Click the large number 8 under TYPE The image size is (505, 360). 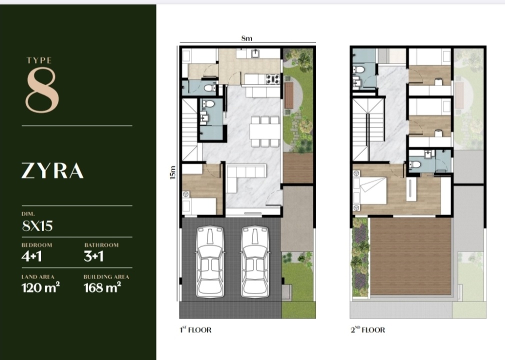point(42,90)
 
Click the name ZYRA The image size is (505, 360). point(52,170)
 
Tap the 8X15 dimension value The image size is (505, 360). point(37,225)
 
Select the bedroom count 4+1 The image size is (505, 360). point(31,256)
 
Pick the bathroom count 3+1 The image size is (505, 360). point(93,256)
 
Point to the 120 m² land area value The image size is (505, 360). point(40,287)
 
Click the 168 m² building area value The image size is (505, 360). point(102,287)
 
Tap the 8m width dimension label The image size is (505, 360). point(246,38)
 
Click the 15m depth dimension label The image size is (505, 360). point(172,172)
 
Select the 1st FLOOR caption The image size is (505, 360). point(195,329)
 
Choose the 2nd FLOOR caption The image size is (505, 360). point(367,329)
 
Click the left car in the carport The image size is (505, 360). point(210,261)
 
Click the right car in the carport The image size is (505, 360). point(255,261)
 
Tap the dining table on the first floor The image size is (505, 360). point(265,131)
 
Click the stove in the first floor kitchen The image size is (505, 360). point(272,79)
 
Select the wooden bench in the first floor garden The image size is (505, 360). point(289,95)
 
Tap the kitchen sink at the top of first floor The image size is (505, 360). point(255,53)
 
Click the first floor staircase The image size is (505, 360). point(190,129)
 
